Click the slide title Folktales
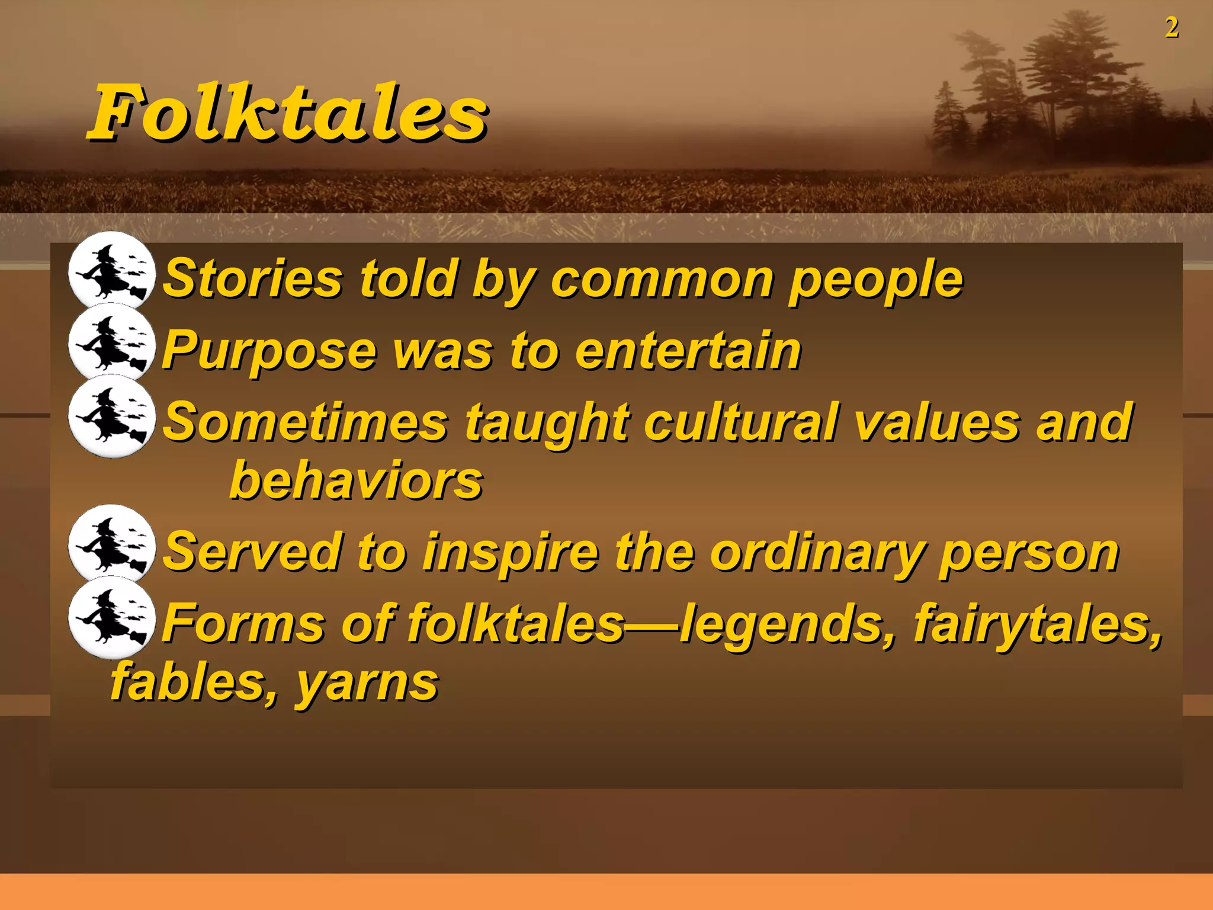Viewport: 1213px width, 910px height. [x=288, y=113]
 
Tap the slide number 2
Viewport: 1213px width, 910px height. [x=1171, y=28]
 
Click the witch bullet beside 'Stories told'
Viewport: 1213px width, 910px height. [x=111, y=272]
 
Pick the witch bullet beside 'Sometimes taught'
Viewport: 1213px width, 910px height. [x=111, y=416]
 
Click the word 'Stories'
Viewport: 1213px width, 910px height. [x=252, y=278]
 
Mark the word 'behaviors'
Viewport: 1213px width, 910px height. [x=356, y=480]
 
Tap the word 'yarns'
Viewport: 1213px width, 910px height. [x=367, y=684]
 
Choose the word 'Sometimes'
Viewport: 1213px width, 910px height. [x=304, y=422]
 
